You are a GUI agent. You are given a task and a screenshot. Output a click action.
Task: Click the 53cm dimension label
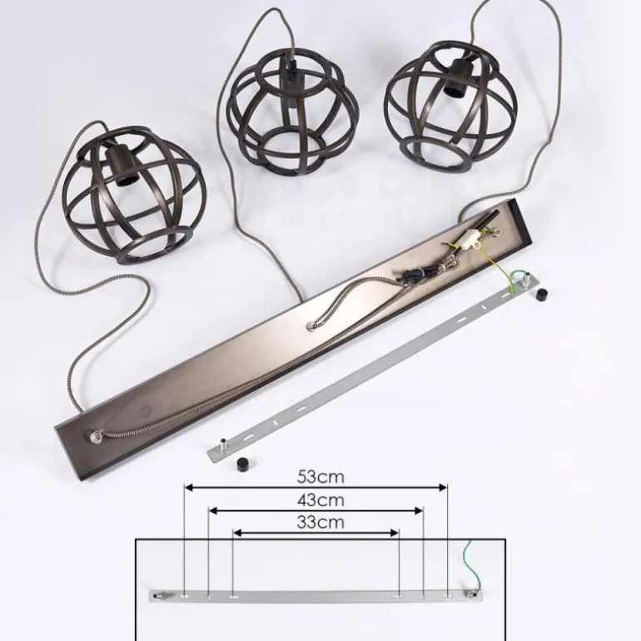pyautogui.click(x=320, y=477)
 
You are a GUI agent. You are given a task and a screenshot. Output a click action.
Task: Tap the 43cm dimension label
pyautogui.click(x=320, y=500)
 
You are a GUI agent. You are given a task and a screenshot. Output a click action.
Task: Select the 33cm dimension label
pyautogui.click(x=320, y=523)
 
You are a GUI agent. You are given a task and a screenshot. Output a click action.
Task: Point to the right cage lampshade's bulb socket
pyautogui.click(x=457, y=78)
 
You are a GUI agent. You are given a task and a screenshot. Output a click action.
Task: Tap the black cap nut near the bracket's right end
pyautogui.click(x=541, y=294)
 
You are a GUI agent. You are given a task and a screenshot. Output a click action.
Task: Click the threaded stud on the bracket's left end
pyautogui.click(x=224, y=445)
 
